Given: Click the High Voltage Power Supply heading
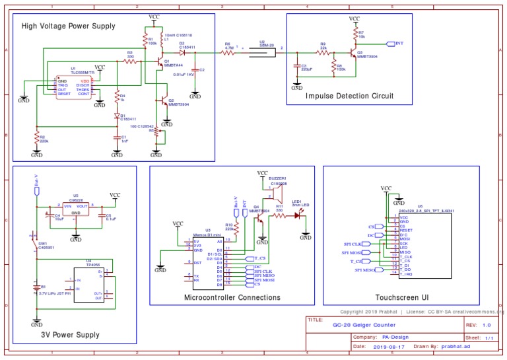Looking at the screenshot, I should click(x=68, y=26).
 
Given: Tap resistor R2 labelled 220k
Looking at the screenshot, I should click(x=36, y=138).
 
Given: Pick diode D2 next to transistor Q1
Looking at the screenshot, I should click(x=182, y=52).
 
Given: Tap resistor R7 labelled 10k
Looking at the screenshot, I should click(x=355, y=33).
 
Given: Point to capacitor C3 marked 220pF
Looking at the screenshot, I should click(x=297, y=67).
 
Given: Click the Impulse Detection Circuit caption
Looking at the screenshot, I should click(x=349, y=96).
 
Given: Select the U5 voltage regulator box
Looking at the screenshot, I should click(x=77, y=209).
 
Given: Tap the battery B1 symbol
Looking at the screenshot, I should click(x=36, y=287).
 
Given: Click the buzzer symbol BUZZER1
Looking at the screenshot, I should click(x=275, y=192).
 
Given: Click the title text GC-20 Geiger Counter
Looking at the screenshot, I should click(x=360, y=325).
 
